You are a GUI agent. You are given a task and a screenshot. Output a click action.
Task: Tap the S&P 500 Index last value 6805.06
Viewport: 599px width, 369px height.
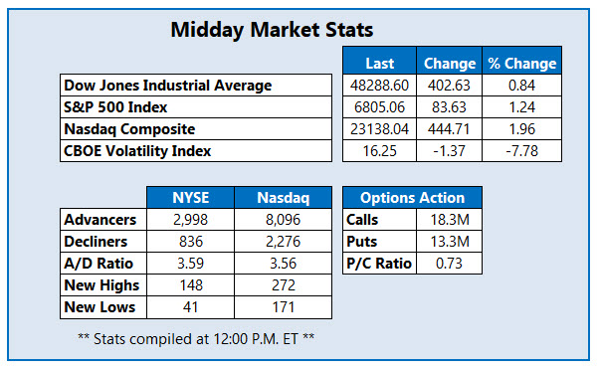click(379, 106)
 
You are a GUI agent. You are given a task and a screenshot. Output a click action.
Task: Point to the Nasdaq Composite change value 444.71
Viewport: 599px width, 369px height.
click(450, 128)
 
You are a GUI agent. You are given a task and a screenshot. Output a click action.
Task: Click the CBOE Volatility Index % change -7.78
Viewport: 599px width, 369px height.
click(521, 150)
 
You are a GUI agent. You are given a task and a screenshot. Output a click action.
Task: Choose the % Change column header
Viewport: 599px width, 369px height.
click(521, 63)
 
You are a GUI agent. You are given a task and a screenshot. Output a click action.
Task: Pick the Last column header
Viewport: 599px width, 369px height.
click(379, 63)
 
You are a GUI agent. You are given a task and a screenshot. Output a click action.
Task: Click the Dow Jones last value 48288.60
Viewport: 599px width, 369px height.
click(379, 85)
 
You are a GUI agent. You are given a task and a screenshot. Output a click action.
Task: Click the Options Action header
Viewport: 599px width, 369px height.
click(412, 197)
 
